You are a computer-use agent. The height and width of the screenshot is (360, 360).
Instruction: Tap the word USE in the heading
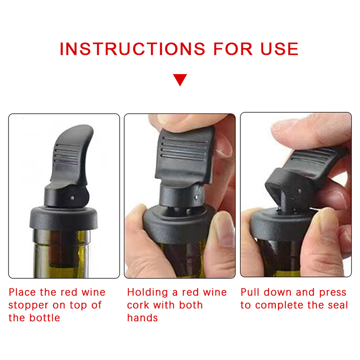[x=279, y=49]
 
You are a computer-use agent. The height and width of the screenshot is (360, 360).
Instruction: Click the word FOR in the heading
[x=233, y=49]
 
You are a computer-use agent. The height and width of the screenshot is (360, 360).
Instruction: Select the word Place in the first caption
[x=22, y=292]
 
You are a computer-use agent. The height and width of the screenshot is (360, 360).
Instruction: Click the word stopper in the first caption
[x=28, y=306]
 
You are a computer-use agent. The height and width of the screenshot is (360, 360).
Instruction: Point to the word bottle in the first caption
[x=45, y=318]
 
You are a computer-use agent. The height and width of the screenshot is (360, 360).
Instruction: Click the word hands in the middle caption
[x=143, y=318]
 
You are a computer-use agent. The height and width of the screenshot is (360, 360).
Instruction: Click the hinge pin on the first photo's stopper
[x=72, y=198]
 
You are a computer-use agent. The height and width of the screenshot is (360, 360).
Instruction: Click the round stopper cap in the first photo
[x=63, y=218]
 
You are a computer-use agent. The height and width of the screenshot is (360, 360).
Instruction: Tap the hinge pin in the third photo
[x=299, y=191]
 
